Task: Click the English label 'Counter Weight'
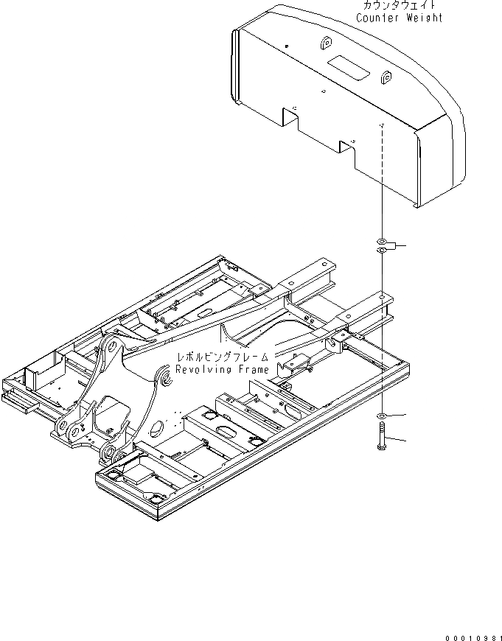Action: [x=400, y=18]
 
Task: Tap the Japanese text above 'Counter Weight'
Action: [x=400, y=5]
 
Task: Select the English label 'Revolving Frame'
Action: [x=222, y=369]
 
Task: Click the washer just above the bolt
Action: [x=380, y=417]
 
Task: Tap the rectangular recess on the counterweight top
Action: [x=346, y=65]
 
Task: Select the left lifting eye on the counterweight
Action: [x=325, y=46]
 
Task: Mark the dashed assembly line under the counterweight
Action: [x=383, y=184]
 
